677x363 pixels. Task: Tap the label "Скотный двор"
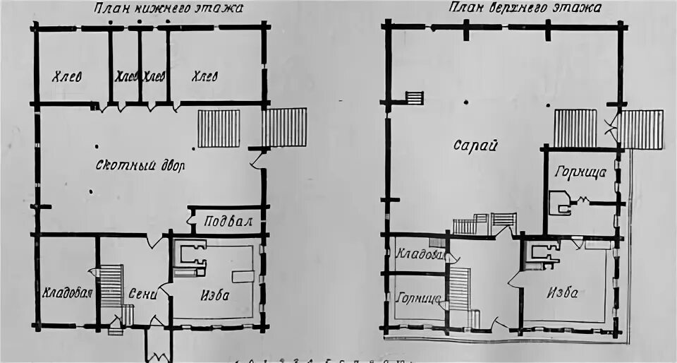tap(140, 167)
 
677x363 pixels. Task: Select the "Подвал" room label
tap(228, 221)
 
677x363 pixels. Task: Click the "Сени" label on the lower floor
tap(142, 294)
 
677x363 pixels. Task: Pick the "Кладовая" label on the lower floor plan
tap(68, 292)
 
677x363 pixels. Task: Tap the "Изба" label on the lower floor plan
tap(214, 294)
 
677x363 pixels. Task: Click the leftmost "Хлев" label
tap(68, 76)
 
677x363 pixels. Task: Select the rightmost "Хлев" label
tap(205, 76)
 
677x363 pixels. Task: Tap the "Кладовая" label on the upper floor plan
tap(419, 254)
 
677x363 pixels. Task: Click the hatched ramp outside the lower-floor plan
tap(284, 126)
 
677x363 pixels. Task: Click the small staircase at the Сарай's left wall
tap(415, 98)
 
